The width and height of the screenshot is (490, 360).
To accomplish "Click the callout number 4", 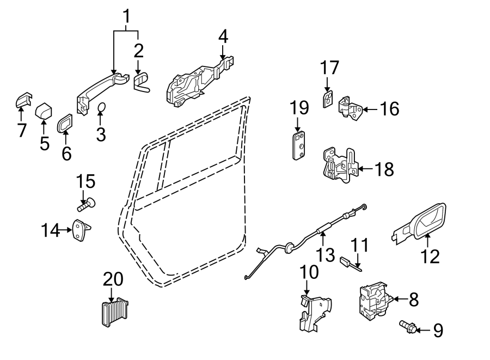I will pos(223,37).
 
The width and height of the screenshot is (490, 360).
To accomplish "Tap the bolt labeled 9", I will pos(408,327).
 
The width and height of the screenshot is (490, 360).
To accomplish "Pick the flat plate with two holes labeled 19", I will pos(299,145).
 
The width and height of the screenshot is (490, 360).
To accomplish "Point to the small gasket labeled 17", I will pos(327,100).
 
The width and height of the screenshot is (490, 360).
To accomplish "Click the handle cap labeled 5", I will pos(44,112).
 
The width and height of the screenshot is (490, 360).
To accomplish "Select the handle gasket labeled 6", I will pos(65,123).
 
